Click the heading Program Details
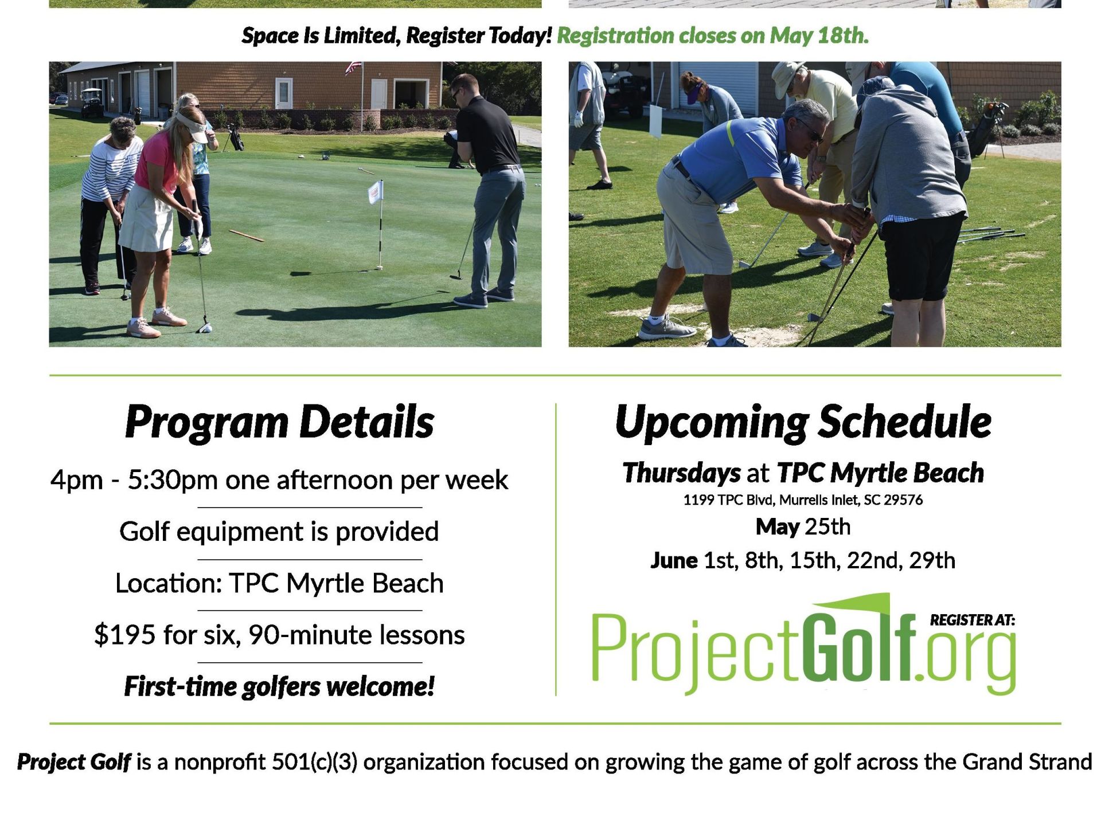pyautogui.click(x=279, y=422)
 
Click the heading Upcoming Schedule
pyautogui.click(x=803, y=422)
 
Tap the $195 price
pyautogui.click(x=124, y=635)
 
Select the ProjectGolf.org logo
pyautogui.click(x=803, y=644)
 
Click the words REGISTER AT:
pyautogui.click(x=973, y=620)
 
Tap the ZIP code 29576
pyautogui.click(x=903, y=500)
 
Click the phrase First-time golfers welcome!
pyautogui.click(x=279, y=686)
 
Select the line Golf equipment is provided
pyautogui.click(x=279, y=532)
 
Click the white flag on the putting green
pyautogui.click(x=376, y=192)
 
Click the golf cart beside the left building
pyautogui.click(x=91, y=102)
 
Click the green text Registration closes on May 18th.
pyautogui.click(x=713, y=36)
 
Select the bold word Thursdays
pyautogui.click(x=682, y=473)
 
